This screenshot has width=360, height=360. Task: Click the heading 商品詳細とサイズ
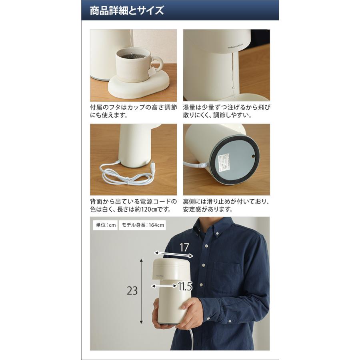(x=127, y=10)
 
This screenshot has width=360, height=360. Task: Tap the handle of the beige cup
(x=159, y=63)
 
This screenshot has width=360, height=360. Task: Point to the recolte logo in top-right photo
(x=236, y=45)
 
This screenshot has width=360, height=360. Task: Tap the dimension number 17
(x=184, y=247)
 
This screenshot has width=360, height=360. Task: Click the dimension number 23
(x=132, y=291)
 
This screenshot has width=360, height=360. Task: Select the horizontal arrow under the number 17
(x=174, y=254)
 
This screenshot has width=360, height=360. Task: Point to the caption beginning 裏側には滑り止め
(x=226, y=205)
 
